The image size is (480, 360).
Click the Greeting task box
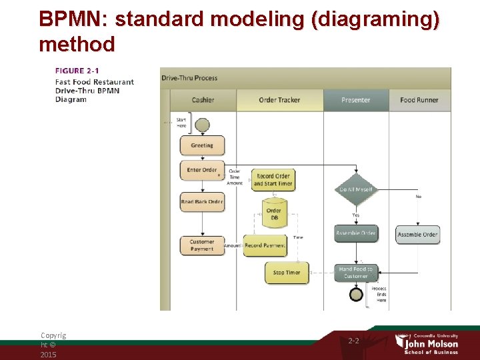[202, 145]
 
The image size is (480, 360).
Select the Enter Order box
[202, 170]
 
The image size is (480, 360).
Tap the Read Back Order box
[202, 202]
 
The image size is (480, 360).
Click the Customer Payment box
[202, 245]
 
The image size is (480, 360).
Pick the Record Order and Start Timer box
[273, 180]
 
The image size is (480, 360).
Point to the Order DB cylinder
[274, 211]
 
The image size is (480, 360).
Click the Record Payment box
[265, 245]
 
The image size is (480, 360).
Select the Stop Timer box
[287, 272]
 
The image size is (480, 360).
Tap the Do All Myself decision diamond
[356, 189]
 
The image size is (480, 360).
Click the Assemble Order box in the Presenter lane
[356, 233]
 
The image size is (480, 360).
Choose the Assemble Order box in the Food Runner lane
[417, 235]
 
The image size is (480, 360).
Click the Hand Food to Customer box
[356, 272]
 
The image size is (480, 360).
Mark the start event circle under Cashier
[202, 124]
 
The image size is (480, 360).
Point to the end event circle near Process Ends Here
[357, 294]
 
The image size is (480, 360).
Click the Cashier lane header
[203, 100]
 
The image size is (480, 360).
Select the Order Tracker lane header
[279, 100]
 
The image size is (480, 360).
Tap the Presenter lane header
[356, 100]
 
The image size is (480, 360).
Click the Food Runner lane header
[419, 100]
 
